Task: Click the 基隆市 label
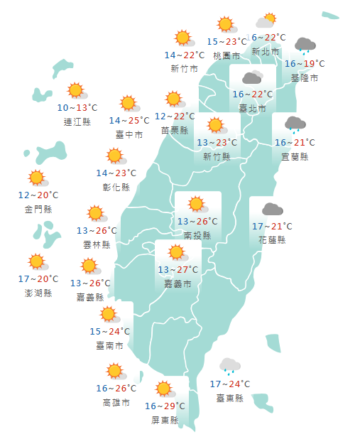pos(305,77)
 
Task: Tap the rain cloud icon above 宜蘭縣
pos(295,124)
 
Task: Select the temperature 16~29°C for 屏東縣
pos(165,406)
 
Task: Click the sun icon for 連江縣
pos(75,91)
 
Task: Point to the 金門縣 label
pos(38,209)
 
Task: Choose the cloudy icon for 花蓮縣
pos(272,210)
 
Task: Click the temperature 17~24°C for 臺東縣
pos(230,385)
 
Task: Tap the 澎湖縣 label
pos(38,293)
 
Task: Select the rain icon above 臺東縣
pos(229,366)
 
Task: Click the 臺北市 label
pos(252,109)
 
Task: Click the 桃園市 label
pos(227,55)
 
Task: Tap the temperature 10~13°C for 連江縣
pos(77,108)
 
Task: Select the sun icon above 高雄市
pos(114,371)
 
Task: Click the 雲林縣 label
pos(97,244)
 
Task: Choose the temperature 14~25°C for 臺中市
pos(129,121)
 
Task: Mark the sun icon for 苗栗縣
pos(174,99)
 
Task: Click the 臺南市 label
pos(109,346)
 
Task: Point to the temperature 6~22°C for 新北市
pos(268,38)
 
